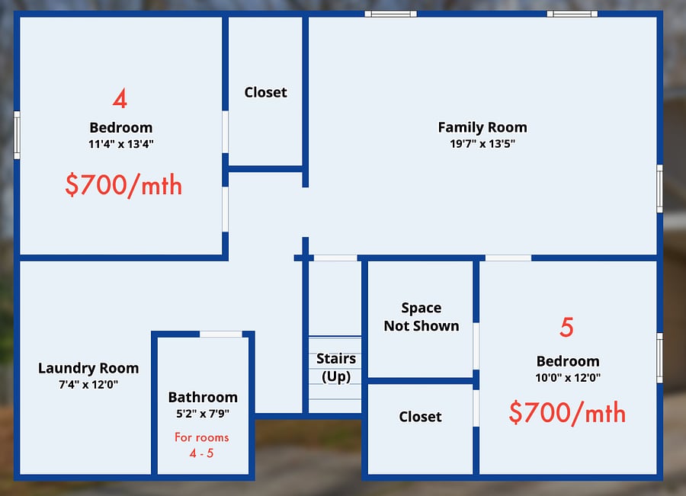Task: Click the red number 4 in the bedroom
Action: click(120, 98)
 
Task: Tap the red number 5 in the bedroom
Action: click(566, 327)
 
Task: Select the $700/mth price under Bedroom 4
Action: click(123, 185)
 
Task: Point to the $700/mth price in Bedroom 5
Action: click(567, 412)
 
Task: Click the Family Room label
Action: click(482, 127)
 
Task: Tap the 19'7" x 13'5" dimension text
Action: click(482, 143)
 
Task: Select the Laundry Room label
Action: click(88, 368)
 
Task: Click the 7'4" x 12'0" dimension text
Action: click(88, 385)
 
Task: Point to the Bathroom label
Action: click(203, 397)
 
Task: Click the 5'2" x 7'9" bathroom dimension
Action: click(203, 413)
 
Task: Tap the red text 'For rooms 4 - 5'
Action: click(202, 445)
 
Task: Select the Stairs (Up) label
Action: click(336, 367)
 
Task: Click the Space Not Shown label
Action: click(422, 317)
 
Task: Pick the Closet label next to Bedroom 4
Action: click(265, 92)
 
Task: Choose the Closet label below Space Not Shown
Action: click(421, 417)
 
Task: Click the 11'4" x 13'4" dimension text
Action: click(121, 144)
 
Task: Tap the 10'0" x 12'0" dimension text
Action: click(568, 377)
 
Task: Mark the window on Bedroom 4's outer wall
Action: click(17, 135)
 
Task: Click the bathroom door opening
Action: click(221, 334)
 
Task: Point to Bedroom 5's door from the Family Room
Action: click(508, 258)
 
